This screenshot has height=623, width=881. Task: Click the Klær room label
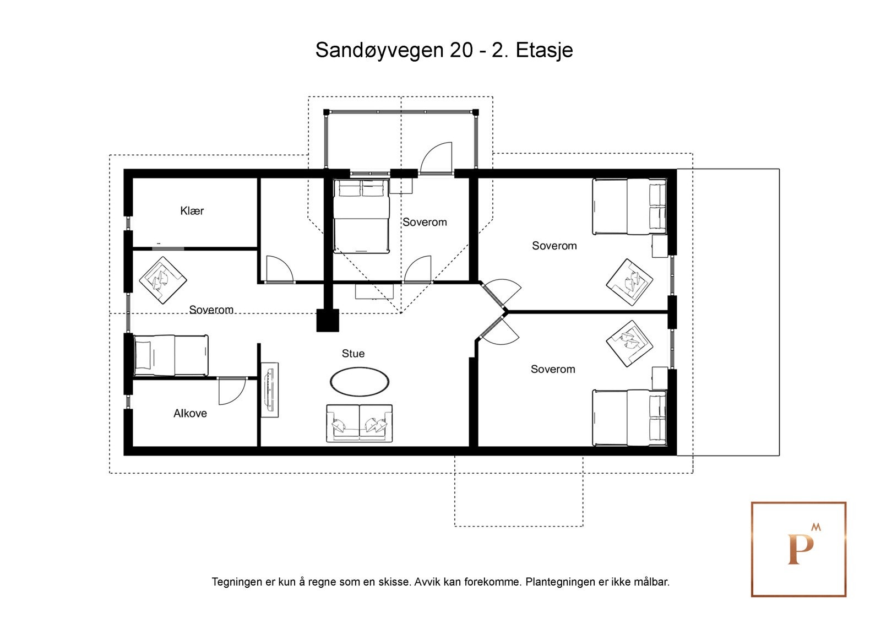click(x=192, y=211)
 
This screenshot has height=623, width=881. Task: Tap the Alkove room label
click(x=190, y=413)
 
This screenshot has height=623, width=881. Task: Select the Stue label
click(x=353, y=354)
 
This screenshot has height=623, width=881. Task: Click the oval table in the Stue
click(x=360, y=381)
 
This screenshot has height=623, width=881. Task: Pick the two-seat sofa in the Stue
click(x=359, y=423)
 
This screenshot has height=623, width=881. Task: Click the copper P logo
click(x=798, y=549)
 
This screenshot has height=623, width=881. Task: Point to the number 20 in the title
click(x=461, y=50)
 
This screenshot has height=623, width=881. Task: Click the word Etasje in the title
click(x=544, y=51)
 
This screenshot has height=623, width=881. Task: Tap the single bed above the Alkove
click(x=171, y=355)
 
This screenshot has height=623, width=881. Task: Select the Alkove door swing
click(x=232, y=391)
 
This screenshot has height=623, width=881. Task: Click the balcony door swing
click(x=436, y=158)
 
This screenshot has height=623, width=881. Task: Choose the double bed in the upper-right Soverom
click(x=630, y=207)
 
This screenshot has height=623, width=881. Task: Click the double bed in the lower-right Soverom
click(x=630, y=418)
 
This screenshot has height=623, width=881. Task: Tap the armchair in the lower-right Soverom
click(x=630, y=344)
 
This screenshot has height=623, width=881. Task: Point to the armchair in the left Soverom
click(x=163, y=280)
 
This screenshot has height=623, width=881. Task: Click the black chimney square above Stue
click(x=328, y=321)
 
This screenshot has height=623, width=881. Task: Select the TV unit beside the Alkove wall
click(x=270, y=390)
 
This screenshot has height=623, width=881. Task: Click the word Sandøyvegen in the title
click(x=379, y=51)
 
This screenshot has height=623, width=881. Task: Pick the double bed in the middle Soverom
click(x=361, y=216)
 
